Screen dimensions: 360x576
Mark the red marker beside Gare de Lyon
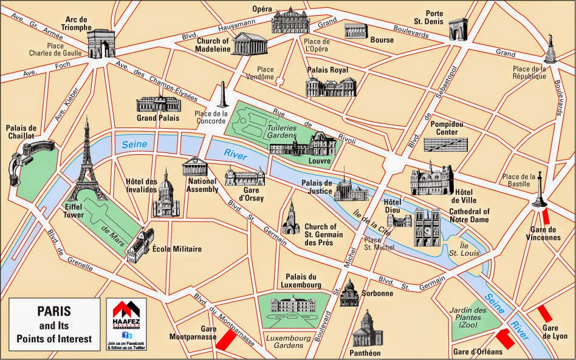(x=544, y=314)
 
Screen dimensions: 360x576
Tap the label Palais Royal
(x=327, y=70)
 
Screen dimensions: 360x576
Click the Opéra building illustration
(x=290, y=23)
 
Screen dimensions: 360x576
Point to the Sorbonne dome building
(x=349, y=294)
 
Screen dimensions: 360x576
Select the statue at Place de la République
(x=550, y=47)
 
